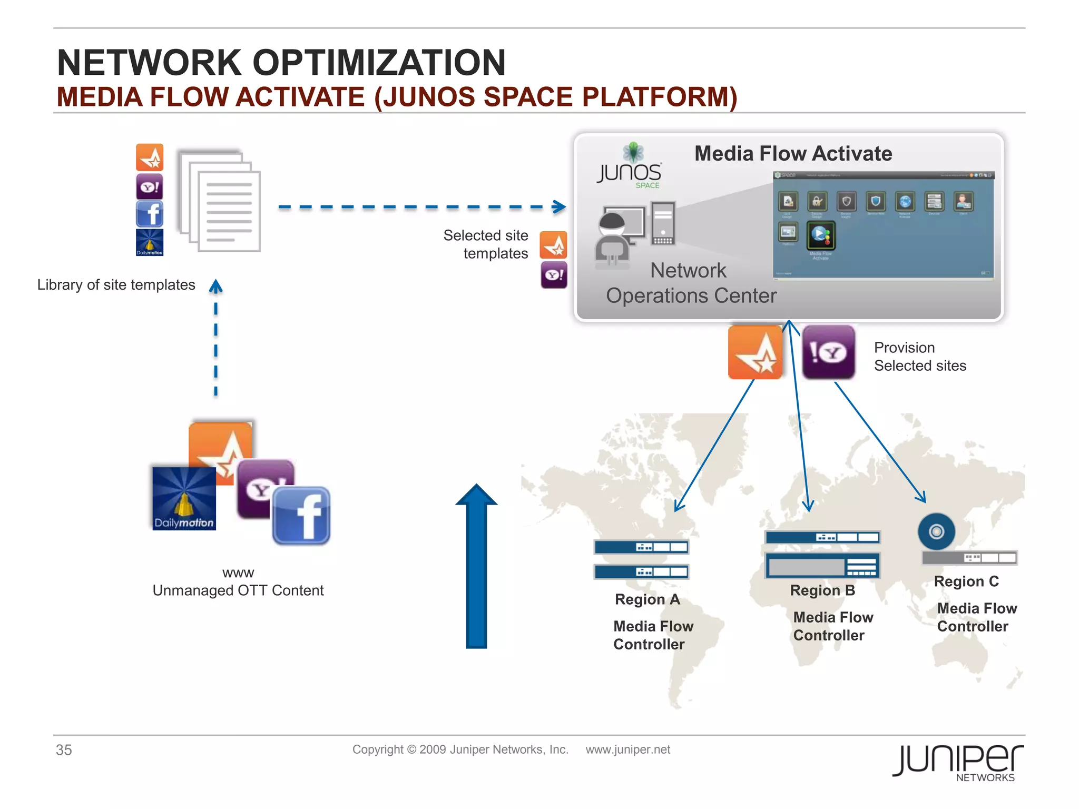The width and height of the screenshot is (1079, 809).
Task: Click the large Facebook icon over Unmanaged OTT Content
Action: pyautogui.click(x=301, y=516)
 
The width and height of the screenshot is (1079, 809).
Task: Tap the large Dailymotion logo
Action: pyautogui.click(x=184, y=498)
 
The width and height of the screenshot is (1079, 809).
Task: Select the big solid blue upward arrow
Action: pyautogui.click(x=476, y=566)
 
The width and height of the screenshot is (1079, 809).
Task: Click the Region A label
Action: pyautogui.click(x=647, y=599)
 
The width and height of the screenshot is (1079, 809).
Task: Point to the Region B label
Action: pyautogui.click(x=822, y=590)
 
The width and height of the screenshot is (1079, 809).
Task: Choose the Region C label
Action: pyautogui.click(x=966, y=581)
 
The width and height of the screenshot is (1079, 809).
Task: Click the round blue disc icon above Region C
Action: pyautogui.click(x=936, y=531)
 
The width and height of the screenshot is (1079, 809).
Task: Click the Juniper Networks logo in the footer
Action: pyautogui.click(x=957, y=762)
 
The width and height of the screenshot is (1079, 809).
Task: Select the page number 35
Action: pyautogui.click(x=64, y=750)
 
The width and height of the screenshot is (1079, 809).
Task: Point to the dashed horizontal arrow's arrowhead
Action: pyautogui.click(x=560, y=207)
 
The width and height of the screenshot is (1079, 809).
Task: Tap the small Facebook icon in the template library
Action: pyautogui.click(x=150, y=214)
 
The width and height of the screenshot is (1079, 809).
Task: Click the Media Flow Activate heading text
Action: pyautogui.click(x=793, y=154)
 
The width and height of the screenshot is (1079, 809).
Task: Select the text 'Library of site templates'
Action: pyautogui.click(x=116, y=285)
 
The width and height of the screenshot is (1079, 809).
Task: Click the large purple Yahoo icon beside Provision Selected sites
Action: pyautogui.click(x=828, y=352)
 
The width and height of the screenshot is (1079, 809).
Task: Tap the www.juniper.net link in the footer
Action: pyautogui.click(x=627, y=749)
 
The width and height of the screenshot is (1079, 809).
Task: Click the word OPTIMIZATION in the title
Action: pyautogui.click(x=379, y=63)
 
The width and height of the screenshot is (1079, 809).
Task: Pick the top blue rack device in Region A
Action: pyautogui.click(x=641, y=547)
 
